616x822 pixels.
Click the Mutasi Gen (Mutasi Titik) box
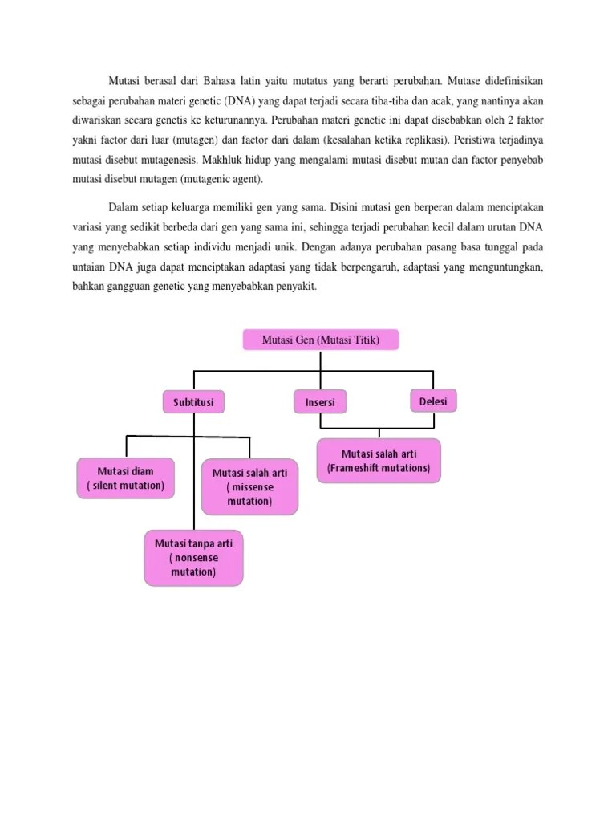coord(320,340)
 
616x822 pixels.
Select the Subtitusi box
coord(193,402)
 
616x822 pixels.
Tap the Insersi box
coord(320,402)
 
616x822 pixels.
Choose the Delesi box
coord(433,401)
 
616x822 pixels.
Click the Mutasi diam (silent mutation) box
coord(125,478)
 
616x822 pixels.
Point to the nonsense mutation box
coord(193,558)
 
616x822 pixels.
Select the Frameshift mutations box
coord(379,460)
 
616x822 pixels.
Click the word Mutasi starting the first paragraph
coord(124,82)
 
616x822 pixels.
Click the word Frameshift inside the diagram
coord(348,468)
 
